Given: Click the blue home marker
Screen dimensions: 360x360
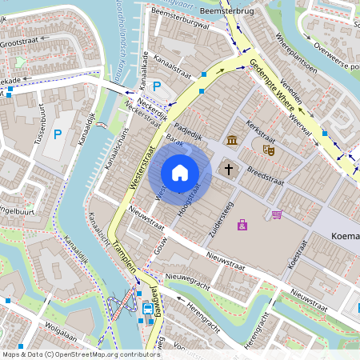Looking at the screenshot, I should (180, 172).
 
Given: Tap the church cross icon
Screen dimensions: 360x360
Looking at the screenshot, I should (229, 169).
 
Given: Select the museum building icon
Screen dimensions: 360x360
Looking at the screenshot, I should (232, 141).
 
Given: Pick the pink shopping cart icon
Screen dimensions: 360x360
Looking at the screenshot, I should (277, 214).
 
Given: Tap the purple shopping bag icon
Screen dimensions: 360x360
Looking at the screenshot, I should (242, 225).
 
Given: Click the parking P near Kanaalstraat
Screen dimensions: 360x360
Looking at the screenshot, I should (157, 86).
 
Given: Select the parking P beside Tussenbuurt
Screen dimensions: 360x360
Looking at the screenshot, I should (57, 134).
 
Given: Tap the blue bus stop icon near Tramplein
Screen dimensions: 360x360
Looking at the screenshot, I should (148, 308).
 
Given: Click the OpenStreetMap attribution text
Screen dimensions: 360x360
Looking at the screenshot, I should (80, 354).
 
